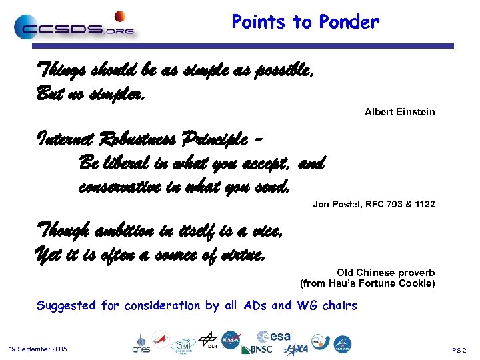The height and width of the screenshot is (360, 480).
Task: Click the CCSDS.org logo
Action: [x=73, y=27]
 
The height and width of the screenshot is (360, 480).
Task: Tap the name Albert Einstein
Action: [x=399, y=112]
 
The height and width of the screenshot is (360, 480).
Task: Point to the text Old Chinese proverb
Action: [x=385, y=273]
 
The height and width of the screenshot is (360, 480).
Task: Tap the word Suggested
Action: [x=67, y=306]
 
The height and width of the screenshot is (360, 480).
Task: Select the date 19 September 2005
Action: [x=37, y=349]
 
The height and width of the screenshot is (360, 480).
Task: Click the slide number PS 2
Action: [x=459, y=350]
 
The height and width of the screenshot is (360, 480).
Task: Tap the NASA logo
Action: [x=231, y=341]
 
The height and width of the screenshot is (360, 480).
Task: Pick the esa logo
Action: [x=274, y=337]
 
